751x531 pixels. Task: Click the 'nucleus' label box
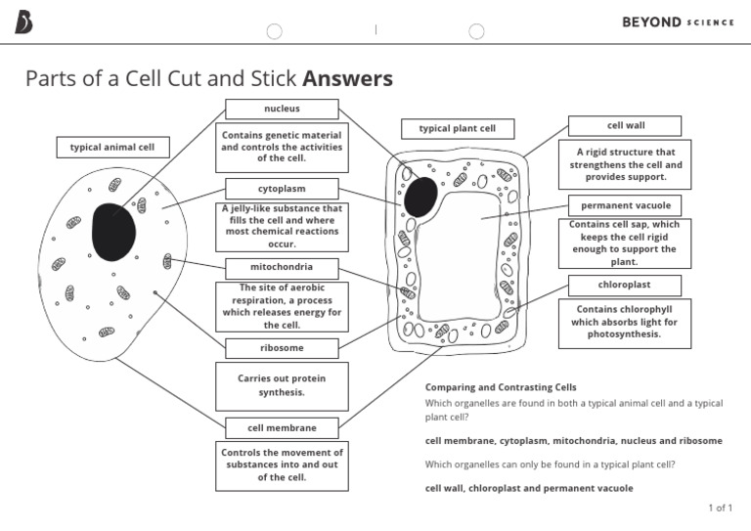click(x=282, y=109)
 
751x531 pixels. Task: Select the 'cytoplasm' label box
click(x=282, y=188)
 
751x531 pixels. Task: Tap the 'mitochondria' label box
click(x=282, y=267)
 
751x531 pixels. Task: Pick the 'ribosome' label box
click(x=282, y=348)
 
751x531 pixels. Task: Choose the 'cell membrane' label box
click(x=282, y=427)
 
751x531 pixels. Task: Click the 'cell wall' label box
click(x=625, y=125)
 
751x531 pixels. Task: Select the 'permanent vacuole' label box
click(x=625, y=205)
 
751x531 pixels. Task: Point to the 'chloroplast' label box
click(x=625, y=285)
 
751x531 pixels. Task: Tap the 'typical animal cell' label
click(x=112, y=148)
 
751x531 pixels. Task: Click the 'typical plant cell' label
click(x=457, y=129)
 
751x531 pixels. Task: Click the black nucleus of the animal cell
click(x=113, y=232)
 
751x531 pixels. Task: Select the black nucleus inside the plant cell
click(x=421, y=197)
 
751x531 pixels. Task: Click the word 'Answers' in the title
click(x=347, y=78)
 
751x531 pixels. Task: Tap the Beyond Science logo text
click(x=677, y=22)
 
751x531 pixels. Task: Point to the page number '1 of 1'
click(x=720, y=508)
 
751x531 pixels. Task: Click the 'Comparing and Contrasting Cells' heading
click(x=501, y=387)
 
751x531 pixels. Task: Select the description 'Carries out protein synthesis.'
click(x=282, y=385)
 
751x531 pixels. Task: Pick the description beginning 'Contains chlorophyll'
click(x=625, y=322)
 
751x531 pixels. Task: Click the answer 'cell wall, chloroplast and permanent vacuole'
click(x=529, y=488)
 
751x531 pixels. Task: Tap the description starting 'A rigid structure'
click(x=625, y=164)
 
